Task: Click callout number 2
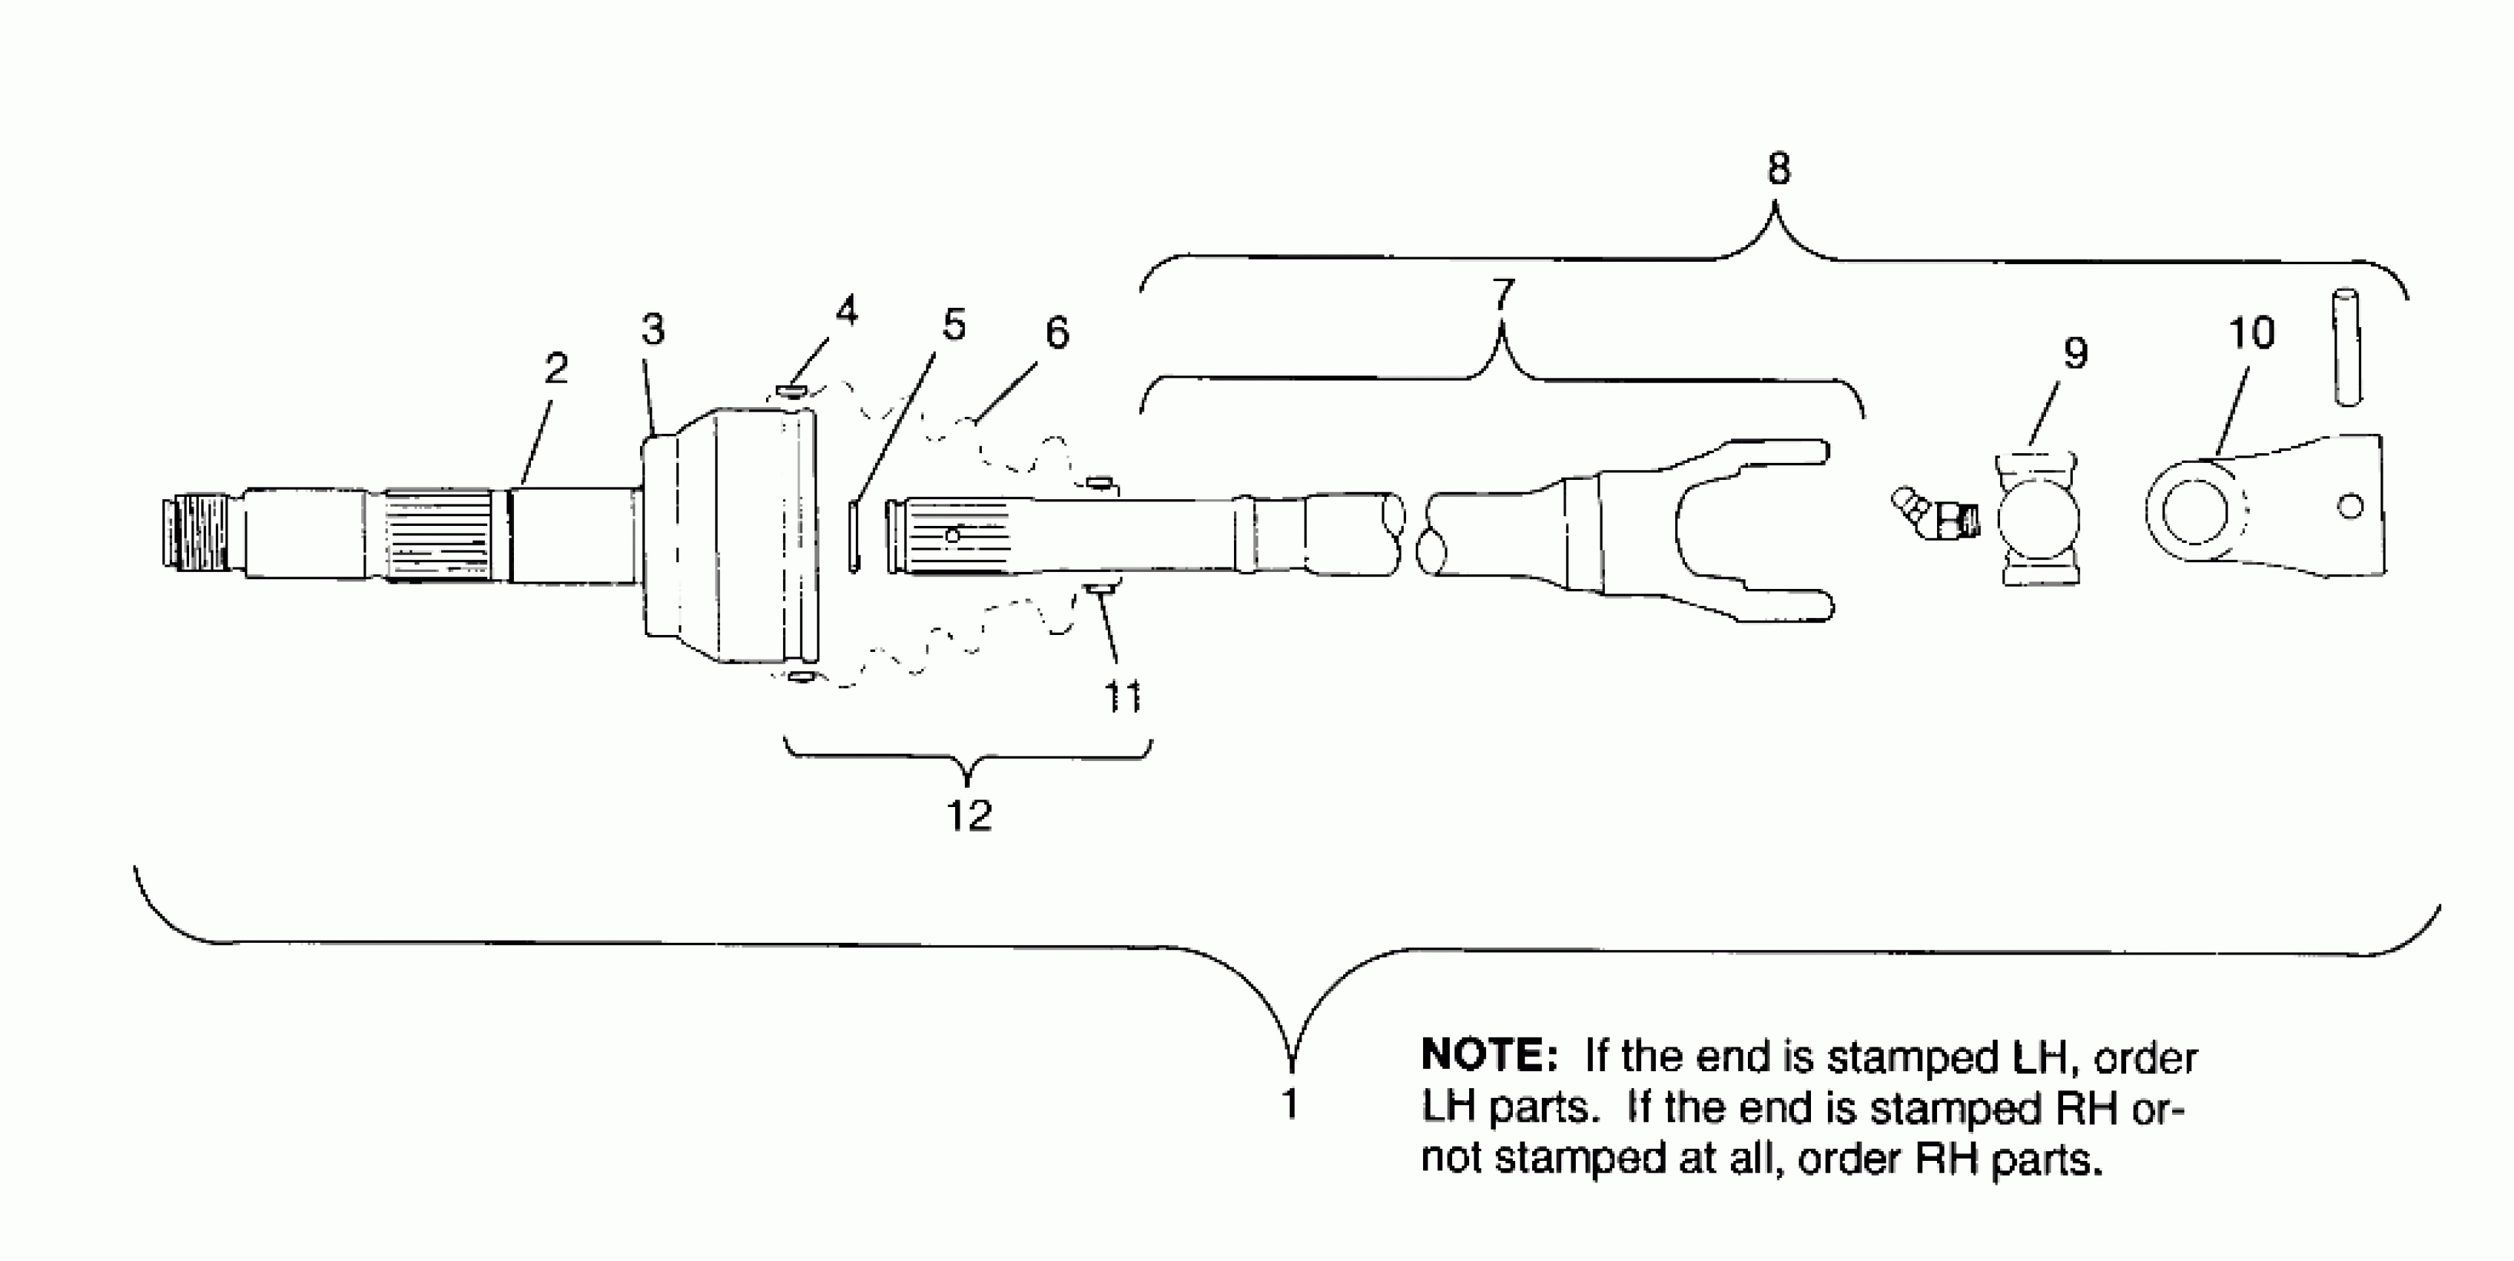(555, 369)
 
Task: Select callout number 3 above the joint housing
(653, 330)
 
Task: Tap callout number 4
(846, 312)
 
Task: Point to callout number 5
(954, 325)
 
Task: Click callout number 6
(1057, 334)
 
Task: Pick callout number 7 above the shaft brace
(1503, 293)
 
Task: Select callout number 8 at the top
(1778, 170)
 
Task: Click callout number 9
(2075, 353)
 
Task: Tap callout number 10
(2251, 334)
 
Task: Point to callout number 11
(1122, 696)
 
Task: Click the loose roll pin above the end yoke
(2347, 346)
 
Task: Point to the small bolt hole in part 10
(2350, 507)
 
